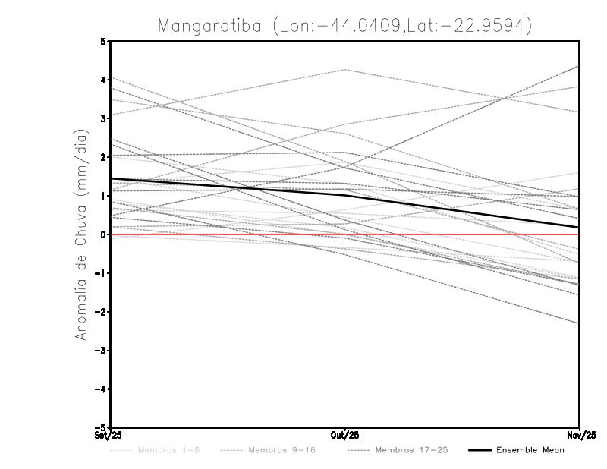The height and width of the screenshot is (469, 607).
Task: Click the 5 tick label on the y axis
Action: [103, 41]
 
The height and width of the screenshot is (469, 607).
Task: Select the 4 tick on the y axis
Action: [103, 80]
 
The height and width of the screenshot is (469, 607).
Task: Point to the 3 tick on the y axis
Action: [103, 118]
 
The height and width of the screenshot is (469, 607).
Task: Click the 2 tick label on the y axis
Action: [103, 157]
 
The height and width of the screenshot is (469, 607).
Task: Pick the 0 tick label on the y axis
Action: [103, 234]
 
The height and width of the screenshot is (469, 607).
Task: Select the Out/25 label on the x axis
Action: [345, 436]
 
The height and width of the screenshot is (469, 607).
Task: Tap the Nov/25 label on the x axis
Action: [580, 436]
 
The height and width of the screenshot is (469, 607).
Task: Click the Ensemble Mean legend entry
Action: [530, 450]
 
